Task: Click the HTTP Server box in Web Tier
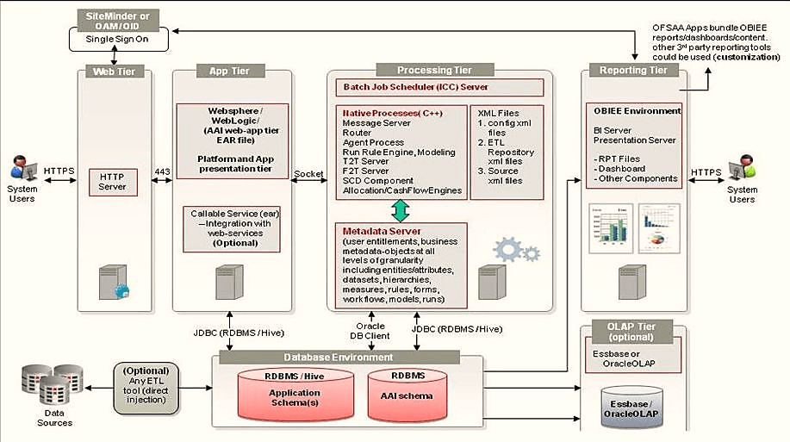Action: tap(113, 182)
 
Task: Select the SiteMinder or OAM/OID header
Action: tap(115, 22)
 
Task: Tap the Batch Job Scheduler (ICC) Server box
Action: tap(439, 87)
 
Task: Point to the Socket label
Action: tap(308, 174)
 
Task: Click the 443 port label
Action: tap(162, 171)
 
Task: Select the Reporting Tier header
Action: tap(633, 70)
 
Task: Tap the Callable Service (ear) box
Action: tap(231, 228)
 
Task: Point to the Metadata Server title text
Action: tap(382, 231)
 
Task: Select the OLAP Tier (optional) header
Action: tap(633, 332)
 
